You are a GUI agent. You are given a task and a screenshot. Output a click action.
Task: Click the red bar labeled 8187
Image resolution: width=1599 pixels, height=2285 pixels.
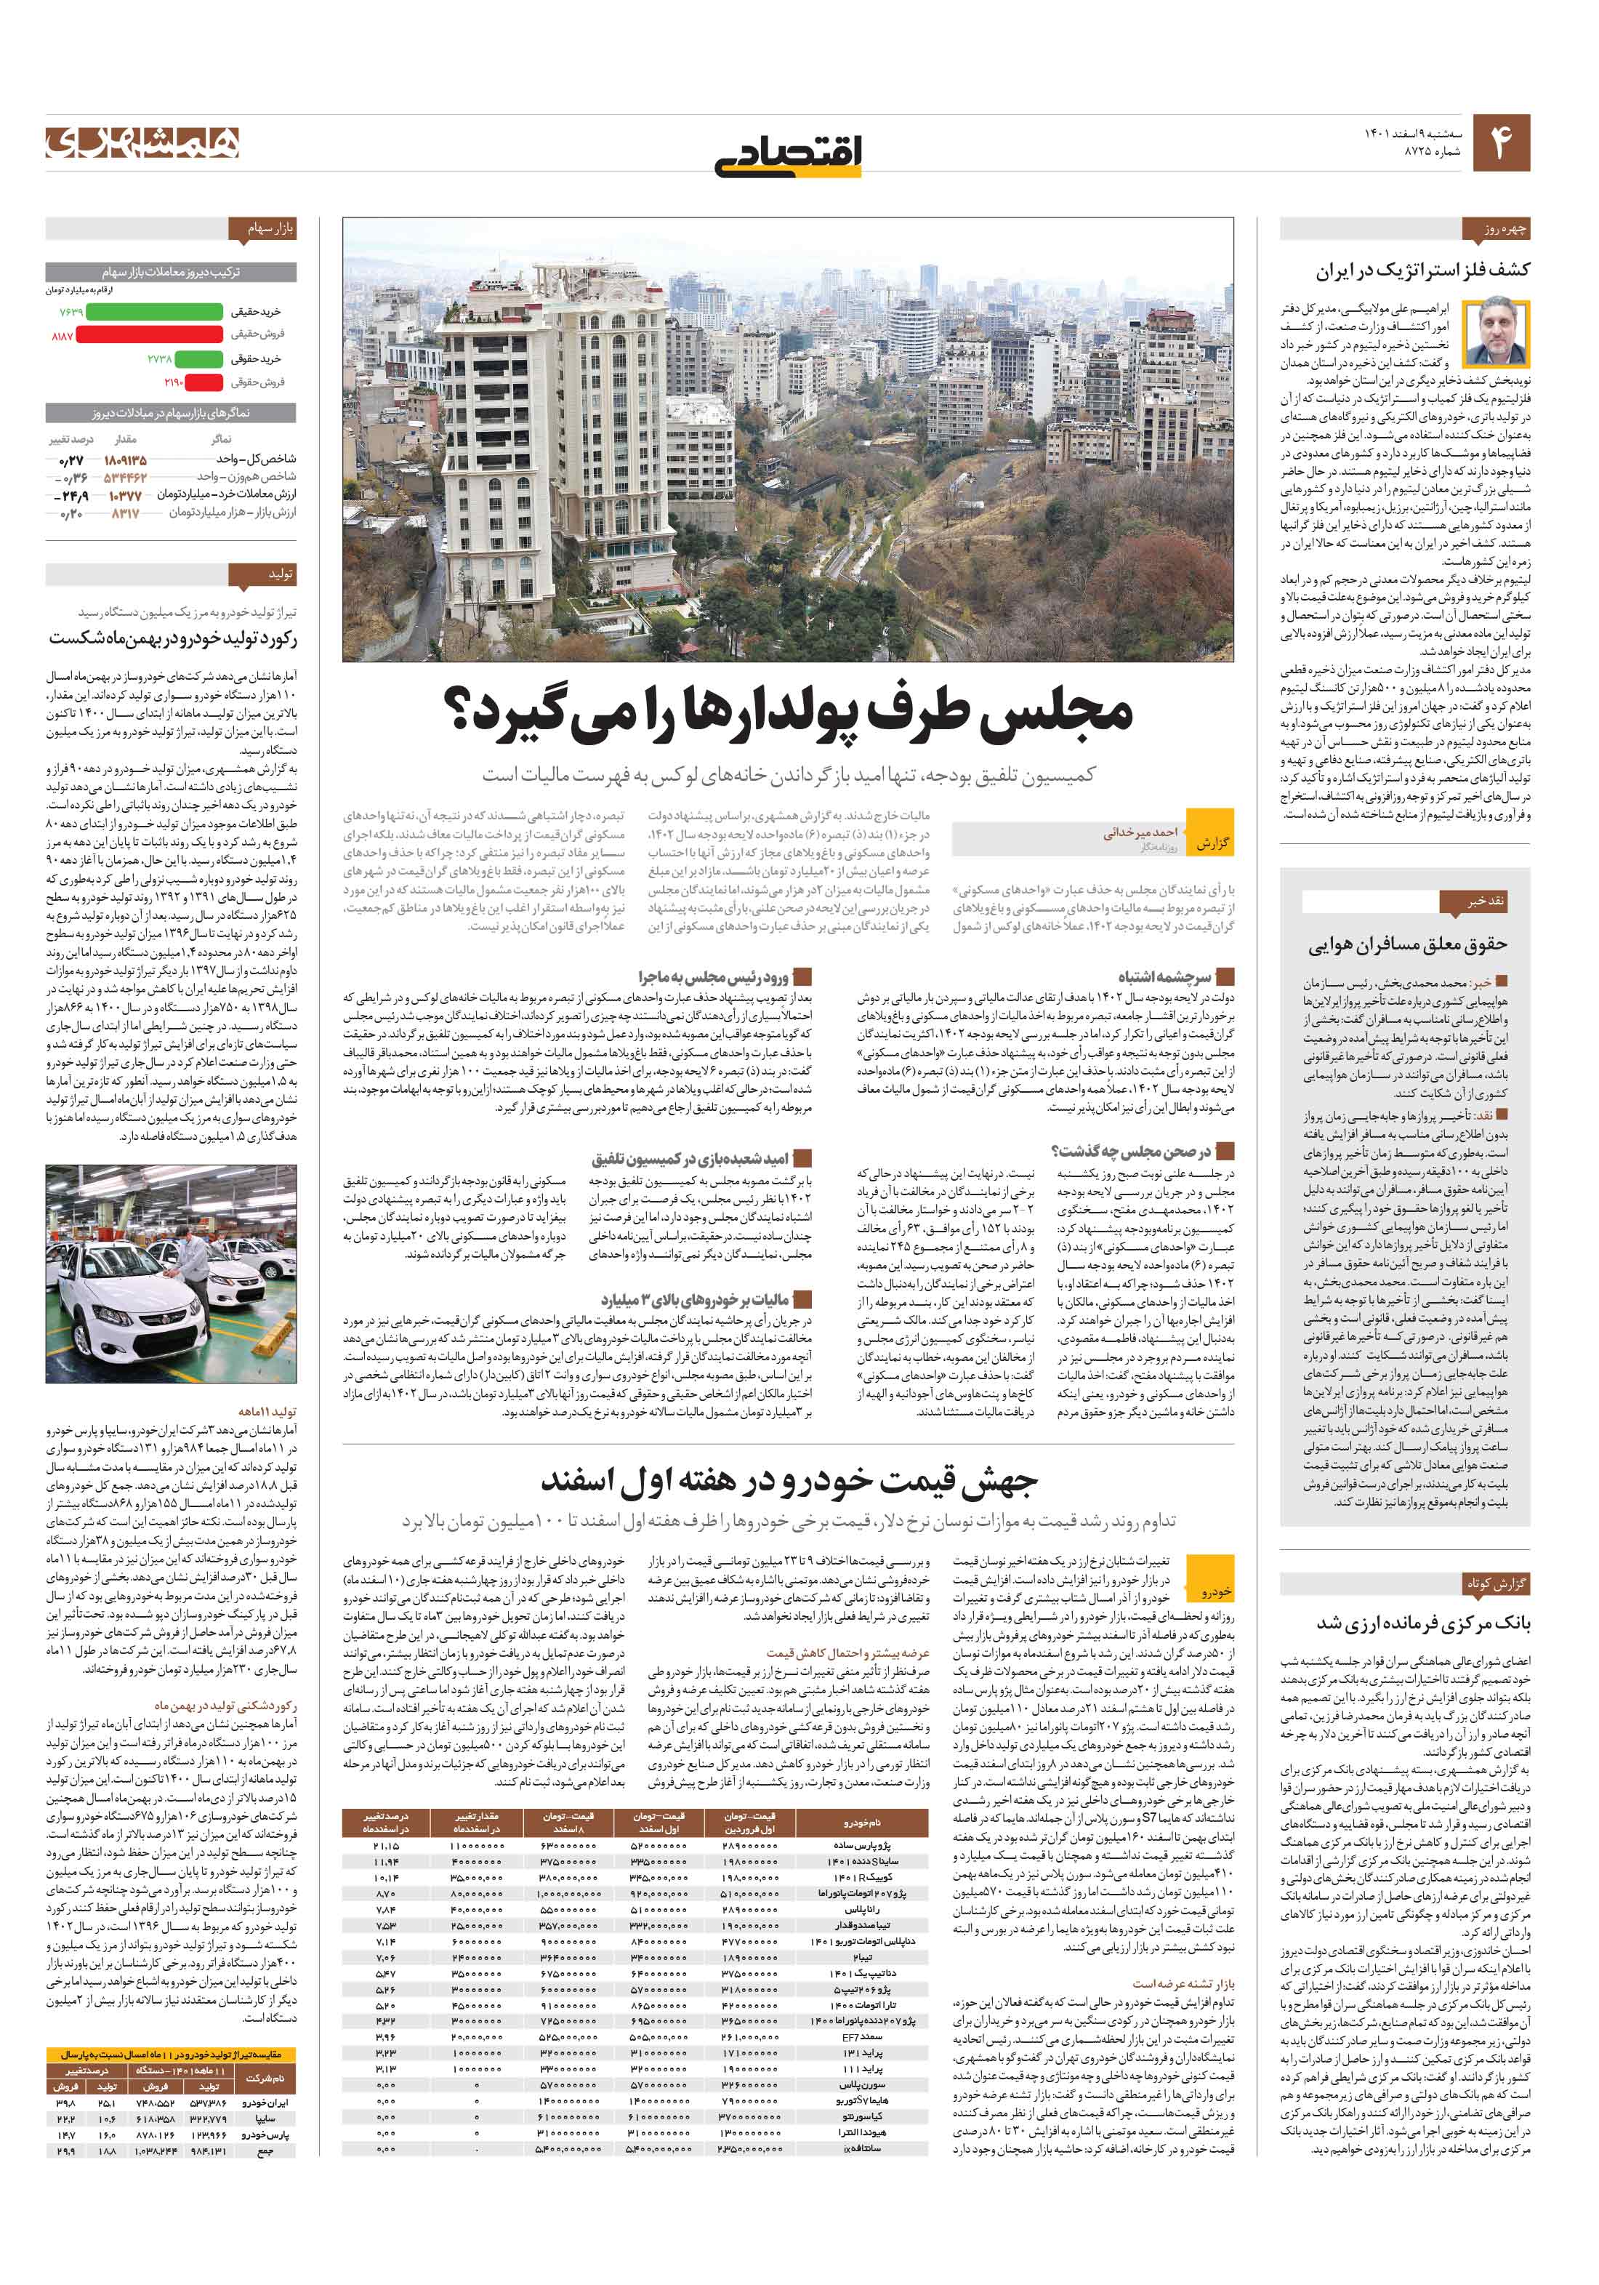(x=149, y=335)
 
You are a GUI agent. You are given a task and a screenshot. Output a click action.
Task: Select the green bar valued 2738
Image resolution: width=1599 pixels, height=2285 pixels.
(x=199, y=359)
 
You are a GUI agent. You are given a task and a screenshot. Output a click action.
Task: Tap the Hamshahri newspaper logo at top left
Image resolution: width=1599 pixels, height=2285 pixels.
(x=142, y=143)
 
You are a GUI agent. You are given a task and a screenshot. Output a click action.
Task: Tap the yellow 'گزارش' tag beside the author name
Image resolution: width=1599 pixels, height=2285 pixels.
(x=1211, y=843)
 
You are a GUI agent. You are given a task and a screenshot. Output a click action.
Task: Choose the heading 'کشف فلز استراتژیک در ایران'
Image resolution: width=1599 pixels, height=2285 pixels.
(x=1423, y=270)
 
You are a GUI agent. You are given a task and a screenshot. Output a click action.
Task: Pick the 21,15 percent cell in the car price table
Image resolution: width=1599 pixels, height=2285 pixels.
(x=386, y=1846)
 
